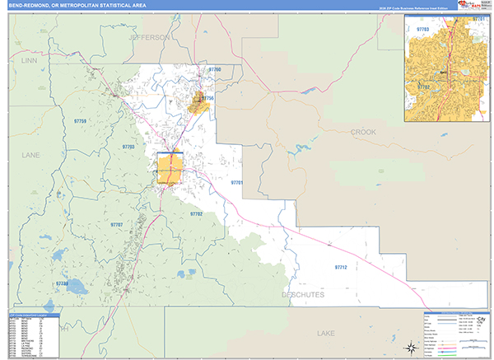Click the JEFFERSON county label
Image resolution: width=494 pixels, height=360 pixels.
click(x=148, y=38)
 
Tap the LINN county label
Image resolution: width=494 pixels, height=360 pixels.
click(x=30, y=61)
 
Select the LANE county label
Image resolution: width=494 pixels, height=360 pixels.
click(x=30, y=154)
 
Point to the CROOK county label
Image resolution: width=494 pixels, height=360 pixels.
click(x=362, y=132)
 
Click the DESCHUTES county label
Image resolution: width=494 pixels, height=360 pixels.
click(x=303, y=294)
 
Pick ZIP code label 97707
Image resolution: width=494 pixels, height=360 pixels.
click(x=116, y=224)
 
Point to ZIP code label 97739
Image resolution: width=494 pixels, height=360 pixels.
click(x=63, y=283)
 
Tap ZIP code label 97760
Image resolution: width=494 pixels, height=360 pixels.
click(x=214, y=70)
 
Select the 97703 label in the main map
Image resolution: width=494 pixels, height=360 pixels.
click(x=128, y=147)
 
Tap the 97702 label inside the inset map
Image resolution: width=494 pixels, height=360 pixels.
click(x=423, y=86)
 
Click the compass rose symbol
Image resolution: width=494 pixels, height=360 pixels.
click(x=408, y=345)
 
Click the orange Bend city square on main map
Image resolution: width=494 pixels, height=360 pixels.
click(x=169, y=168)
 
